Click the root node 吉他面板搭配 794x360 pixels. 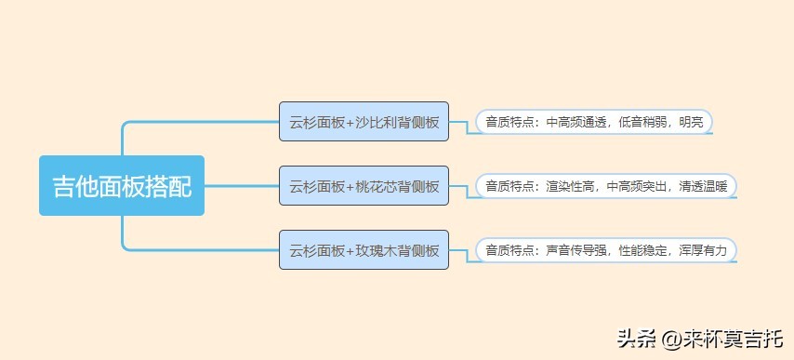tap(121, 186)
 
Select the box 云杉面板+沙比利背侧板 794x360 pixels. tap(364, 122)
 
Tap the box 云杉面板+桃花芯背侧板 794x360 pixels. tap(364, 186)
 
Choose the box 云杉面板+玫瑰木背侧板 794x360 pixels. tap(364, 250)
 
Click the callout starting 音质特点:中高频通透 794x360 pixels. tap(594, 122)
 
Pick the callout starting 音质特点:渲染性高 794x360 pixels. tap(606, 186)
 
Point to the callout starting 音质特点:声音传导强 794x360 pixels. tap(606, 250)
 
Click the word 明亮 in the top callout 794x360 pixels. tap(691, 122)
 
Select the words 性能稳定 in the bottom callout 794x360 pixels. tap(642, 250)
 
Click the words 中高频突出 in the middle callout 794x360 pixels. tap(636, 186)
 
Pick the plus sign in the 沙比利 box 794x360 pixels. tap(350, 122)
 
